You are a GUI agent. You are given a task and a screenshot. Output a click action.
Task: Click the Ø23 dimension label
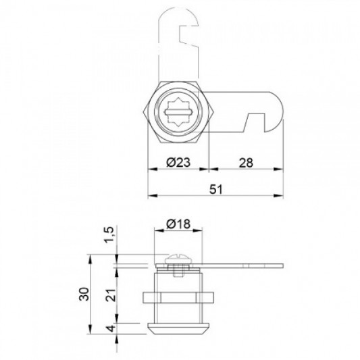click(x=178, y=162)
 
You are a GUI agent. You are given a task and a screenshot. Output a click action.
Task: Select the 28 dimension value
click(x=246, y=163)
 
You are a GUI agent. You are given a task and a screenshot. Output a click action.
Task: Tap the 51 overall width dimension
click(x=216, y=189)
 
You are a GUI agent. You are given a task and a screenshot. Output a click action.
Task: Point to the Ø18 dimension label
click(x=178, y=224)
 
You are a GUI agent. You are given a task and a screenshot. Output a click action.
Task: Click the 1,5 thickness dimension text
click(x=109, y=234)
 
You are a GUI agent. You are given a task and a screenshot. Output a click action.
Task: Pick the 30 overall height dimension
click(x=84, y=294)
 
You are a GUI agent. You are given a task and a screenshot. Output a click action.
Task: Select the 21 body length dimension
click(x=111, y=294)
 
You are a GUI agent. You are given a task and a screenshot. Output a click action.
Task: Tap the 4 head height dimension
click(x=111, y=328)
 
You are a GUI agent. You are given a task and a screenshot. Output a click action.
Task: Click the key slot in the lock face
click(x=178, y=113)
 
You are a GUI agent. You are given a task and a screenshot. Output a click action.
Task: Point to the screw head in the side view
click(x=178, y=259)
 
